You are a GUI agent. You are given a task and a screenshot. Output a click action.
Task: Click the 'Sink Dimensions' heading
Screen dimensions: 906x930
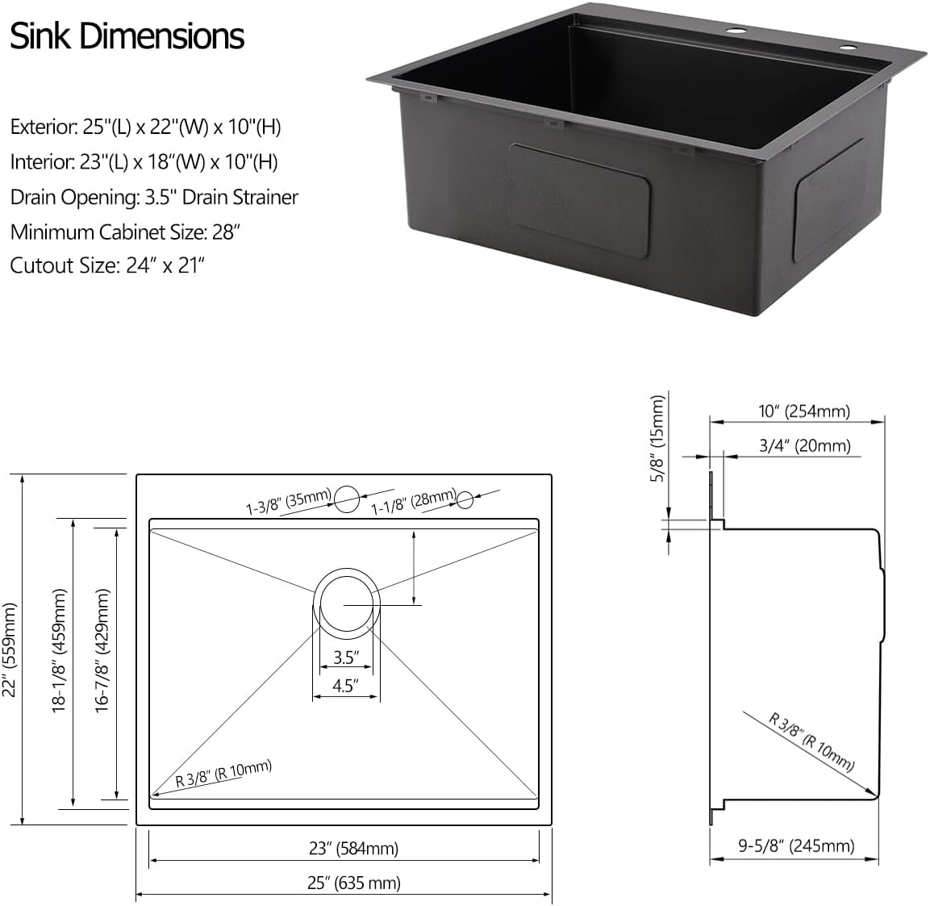point(127,36)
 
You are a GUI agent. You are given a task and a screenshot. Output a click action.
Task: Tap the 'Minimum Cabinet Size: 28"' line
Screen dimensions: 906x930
point(126,232)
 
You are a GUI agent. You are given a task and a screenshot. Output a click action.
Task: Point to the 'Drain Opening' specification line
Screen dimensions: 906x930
point(154,197)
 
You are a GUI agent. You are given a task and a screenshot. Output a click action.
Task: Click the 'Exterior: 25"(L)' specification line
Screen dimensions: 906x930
point(145,127)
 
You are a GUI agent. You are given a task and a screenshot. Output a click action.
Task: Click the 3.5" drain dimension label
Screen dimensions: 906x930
point(345,657)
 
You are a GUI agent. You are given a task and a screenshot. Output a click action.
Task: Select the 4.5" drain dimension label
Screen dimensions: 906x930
point(345,687)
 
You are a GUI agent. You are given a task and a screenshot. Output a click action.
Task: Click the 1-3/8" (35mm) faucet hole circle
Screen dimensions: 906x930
point(347,499)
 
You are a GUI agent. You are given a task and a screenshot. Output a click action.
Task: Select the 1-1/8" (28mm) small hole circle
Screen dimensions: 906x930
point(465,500)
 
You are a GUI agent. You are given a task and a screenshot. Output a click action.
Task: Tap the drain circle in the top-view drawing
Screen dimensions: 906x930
point(346,603)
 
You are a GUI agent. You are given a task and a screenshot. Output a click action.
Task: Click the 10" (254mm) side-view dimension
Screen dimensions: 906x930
point(803,411)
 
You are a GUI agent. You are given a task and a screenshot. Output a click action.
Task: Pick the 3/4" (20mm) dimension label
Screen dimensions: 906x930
point(804,445)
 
